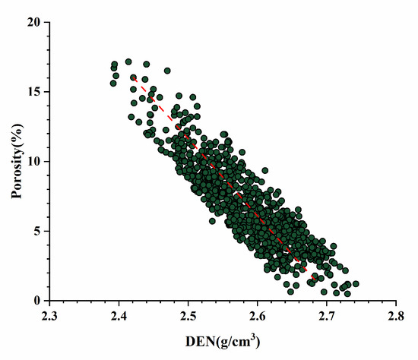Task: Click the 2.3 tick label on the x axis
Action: pos(49,315)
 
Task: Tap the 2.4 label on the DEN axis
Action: pos(119,315)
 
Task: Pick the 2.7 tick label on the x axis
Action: pos(327,315)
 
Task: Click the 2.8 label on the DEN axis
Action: pos(396,315)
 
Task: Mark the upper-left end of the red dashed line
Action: pos(133,77)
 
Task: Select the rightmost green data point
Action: pos(356,284)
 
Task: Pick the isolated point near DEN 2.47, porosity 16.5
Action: pos(167,71)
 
